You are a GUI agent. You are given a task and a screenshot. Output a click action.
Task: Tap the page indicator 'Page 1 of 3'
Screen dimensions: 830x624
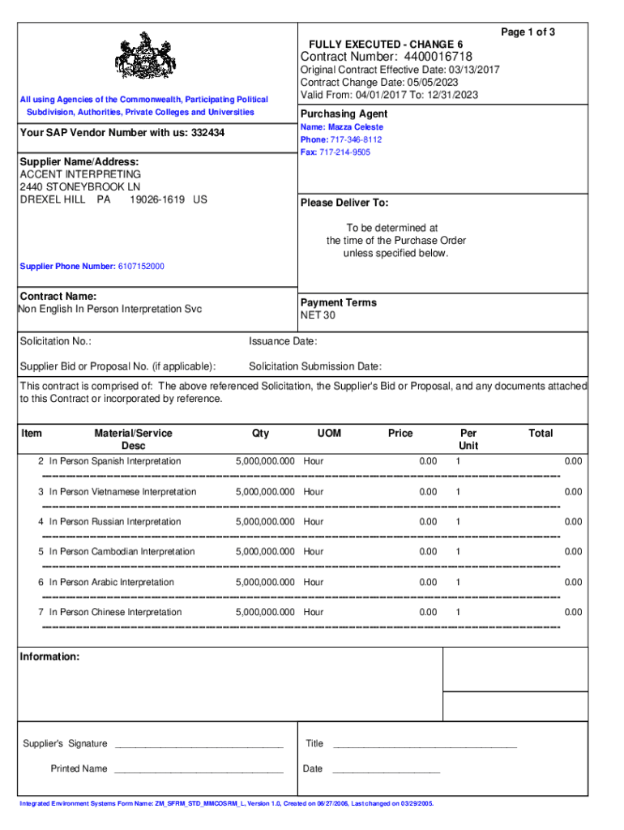click(528, 32)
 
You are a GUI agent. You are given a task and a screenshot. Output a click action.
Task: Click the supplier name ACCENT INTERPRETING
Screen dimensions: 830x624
click(80, 174)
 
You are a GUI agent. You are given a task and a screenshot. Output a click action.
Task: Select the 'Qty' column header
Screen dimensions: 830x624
click(261, 434)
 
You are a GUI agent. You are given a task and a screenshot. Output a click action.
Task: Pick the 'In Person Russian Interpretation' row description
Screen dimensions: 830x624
click(115, 522)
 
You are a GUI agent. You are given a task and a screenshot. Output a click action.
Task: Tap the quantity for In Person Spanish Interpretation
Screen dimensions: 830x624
click(265, 461)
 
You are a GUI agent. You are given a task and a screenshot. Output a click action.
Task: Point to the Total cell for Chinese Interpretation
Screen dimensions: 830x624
click(573, 613)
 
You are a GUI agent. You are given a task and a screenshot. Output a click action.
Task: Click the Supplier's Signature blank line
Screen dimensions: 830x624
click(199, 744)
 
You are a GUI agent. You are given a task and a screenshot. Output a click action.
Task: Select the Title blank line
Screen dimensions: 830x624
click(425, 744)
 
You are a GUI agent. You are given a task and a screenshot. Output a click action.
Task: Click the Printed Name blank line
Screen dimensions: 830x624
click(199, 769)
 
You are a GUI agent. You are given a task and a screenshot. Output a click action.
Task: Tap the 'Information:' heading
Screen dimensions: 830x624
click(49, 657)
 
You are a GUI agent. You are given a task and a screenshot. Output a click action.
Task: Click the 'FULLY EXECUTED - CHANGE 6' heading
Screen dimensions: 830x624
click(386, 44)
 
